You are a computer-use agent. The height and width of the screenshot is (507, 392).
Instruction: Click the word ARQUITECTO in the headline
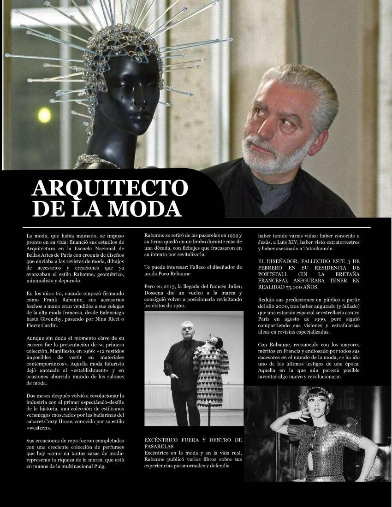pyautogui.click(x=110, y=188)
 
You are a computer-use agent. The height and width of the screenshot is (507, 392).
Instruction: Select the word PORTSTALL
pyautogui.click(x=274, y=273)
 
